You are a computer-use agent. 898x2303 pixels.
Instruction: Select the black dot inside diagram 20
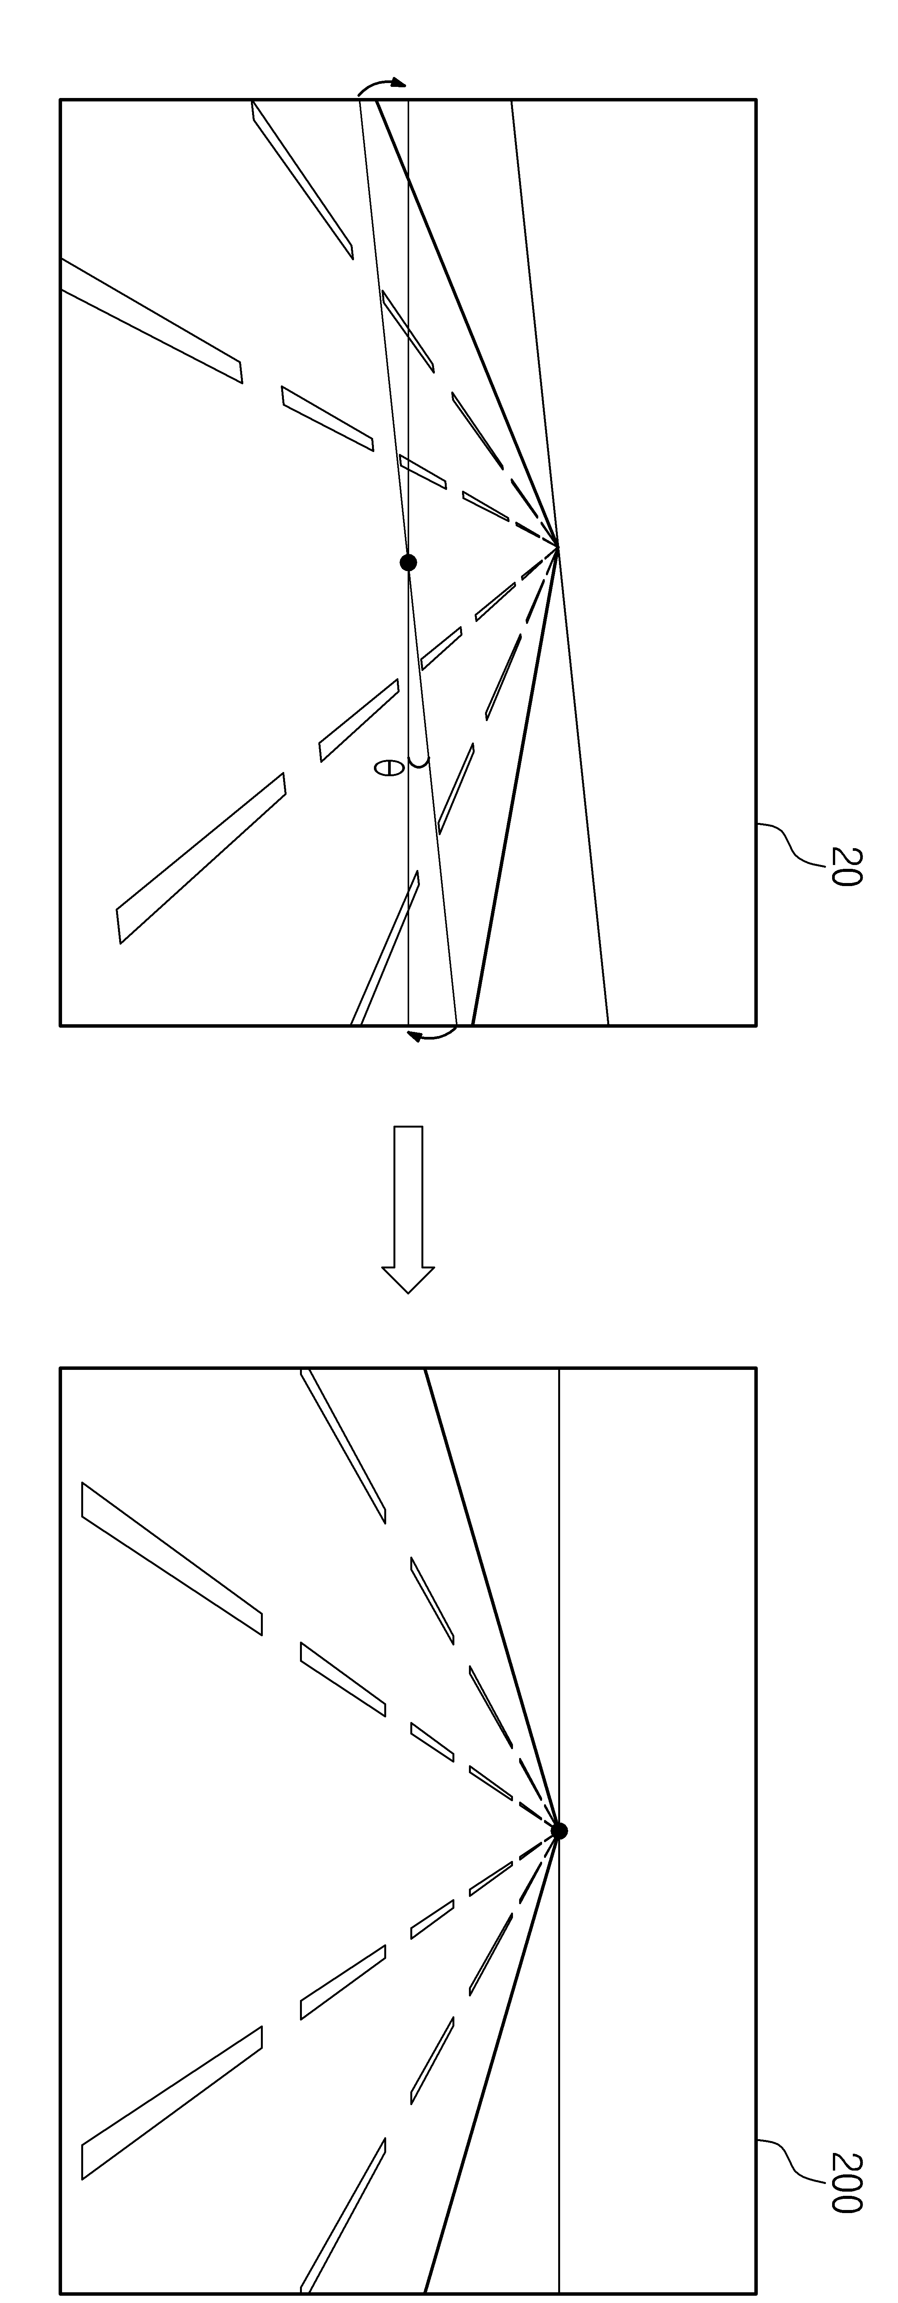tap(408, 562)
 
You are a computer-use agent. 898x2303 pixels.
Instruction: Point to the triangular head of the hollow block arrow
tap(408, 1280)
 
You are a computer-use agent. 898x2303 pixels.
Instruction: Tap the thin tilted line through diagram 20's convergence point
tap(560, 562)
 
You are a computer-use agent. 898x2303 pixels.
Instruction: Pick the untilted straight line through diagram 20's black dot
tap(408, 562)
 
